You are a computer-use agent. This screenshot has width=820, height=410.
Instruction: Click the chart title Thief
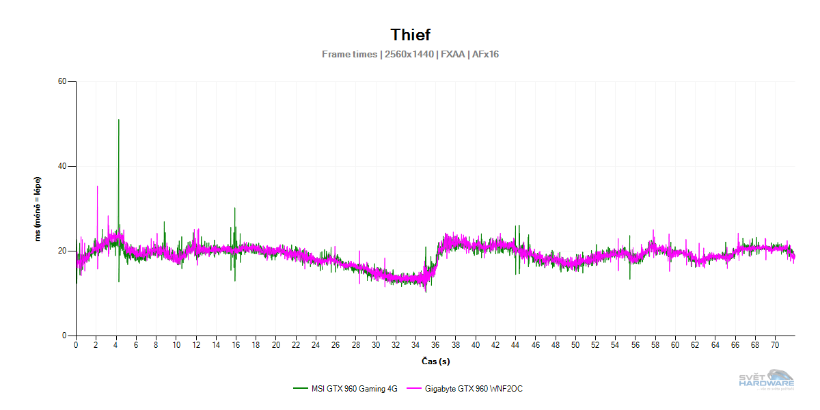click(x=410, y=35)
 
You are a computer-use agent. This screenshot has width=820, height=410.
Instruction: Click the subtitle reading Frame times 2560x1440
click(x=410, y=54)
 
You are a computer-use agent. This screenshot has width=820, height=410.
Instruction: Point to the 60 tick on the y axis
click(x=62, y=81)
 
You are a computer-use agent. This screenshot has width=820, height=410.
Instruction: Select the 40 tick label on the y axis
click(x=62, y=166)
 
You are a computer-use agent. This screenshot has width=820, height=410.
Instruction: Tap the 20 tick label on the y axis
click(x=62, y=251)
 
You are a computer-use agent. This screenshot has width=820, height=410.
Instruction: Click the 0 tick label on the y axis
click(x=64, y=336)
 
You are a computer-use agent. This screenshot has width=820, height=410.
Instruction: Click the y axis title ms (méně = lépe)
click(x=39, y=208)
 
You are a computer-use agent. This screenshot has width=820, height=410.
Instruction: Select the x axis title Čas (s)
click(x=435, y=361)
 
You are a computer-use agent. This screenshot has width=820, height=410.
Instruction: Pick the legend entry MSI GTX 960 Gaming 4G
click(x=344, y=389)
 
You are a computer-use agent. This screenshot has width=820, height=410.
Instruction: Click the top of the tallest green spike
click(x=119, y=120)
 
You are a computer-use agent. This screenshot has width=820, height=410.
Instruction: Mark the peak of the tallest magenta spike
click(x=97, y=186)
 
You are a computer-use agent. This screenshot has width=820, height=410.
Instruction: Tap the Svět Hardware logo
click(x=767, y=381)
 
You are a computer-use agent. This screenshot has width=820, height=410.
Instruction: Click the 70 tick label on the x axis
click(x=775, y=346)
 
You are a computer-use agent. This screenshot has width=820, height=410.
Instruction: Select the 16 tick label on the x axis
click(x=236, y=346)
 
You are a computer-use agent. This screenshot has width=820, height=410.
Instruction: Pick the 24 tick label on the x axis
click(x=316, y=346)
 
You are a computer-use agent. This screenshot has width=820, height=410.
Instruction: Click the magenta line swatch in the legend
click(x=413, y=389)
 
